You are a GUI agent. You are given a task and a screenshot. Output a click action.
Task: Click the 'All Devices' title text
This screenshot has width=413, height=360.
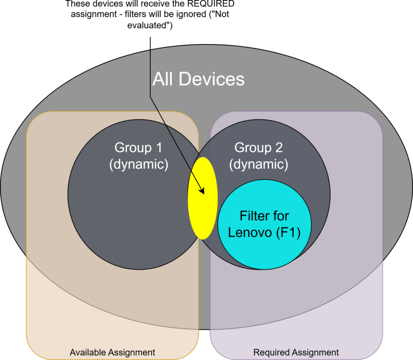[198, 79]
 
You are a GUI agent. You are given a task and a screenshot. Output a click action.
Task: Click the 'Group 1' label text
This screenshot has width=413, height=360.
[138, 148]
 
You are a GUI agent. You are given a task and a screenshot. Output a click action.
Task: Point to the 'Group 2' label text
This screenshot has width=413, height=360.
[259, 148]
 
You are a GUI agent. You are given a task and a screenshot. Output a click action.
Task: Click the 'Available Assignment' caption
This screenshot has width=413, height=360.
[113, 352]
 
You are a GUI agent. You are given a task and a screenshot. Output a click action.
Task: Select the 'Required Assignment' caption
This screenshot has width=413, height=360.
[296, 352]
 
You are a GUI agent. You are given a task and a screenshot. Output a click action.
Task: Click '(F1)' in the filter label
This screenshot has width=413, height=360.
[288, 233]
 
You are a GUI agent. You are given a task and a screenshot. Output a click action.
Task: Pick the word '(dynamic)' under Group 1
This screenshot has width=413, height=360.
[139, 165]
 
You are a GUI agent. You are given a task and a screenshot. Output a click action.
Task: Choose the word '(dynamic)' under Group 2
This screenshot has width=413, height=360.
[259, 165]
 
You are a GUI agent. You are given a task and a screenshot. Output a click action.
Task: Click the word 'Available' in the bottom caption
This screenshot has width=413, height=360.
[89, 352]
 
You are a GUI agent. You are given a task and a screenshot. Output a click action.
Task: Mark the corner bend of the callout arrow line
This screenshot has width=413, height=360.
[150, 97]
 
